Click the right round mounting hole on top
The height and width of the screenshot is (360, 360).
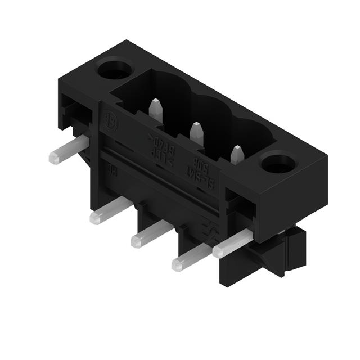[x=278, y=164]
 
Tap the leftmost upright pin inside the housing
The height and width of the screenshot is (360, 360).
[x=156, y=109]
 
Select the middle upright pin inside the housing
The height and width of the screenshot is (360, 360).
[x=196, y=133]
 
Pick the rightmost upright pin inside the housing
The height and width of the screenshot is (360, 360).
[x=237, y=154]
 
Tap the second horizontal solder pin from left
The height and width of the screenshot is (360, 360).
[x=110, y=211]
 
